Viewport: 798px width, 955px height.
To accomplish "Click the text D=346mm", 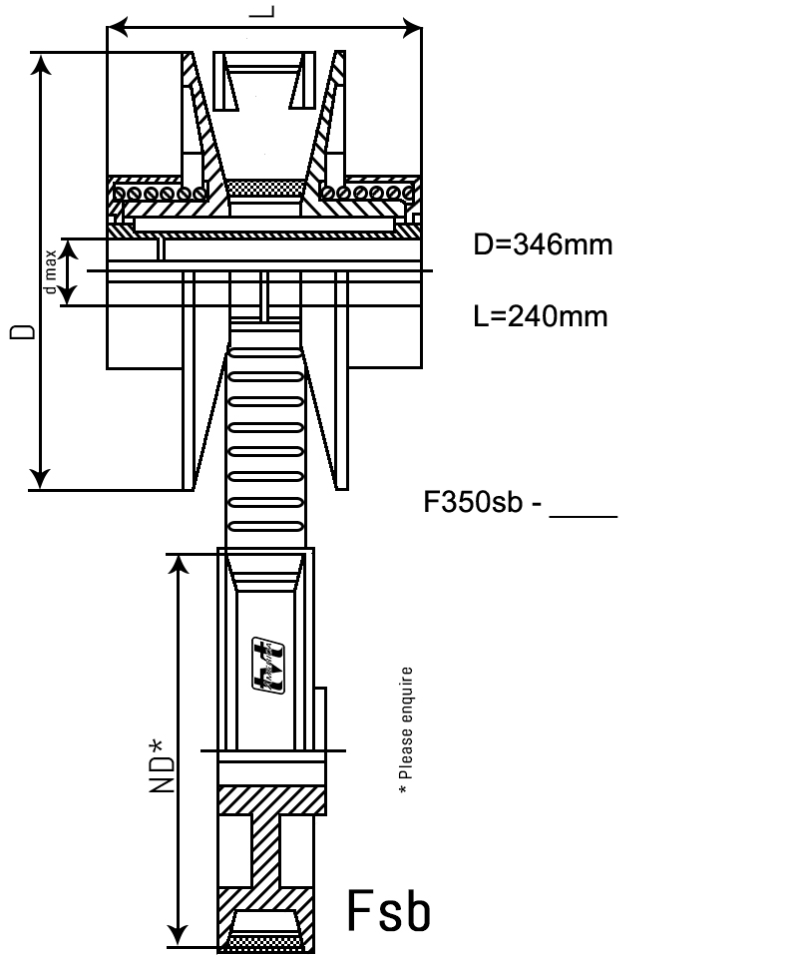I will (543, 244).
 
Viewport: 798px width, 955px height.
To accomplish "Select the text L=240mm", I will (540, 316).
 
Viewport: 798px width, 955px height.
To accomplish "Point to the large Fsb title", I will (390, 910).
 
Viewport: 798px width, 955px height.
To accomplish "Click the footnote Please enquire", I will (404, 730).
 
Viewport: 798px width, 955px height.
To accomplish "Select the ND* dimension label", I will (162, 765).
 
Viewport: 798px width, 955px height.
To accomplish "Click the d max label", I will (50, 271).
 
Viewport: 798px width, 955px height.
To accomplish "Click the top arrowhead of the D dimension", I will (40, 63).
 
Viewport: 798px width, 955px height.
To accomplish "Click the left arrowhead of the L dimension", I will (116, 27).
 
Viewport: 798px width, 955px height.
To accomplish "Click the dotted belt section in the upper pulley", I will (265, 188).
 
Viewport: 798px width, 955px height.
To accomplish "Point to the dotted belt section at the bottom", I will (265, 941).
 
